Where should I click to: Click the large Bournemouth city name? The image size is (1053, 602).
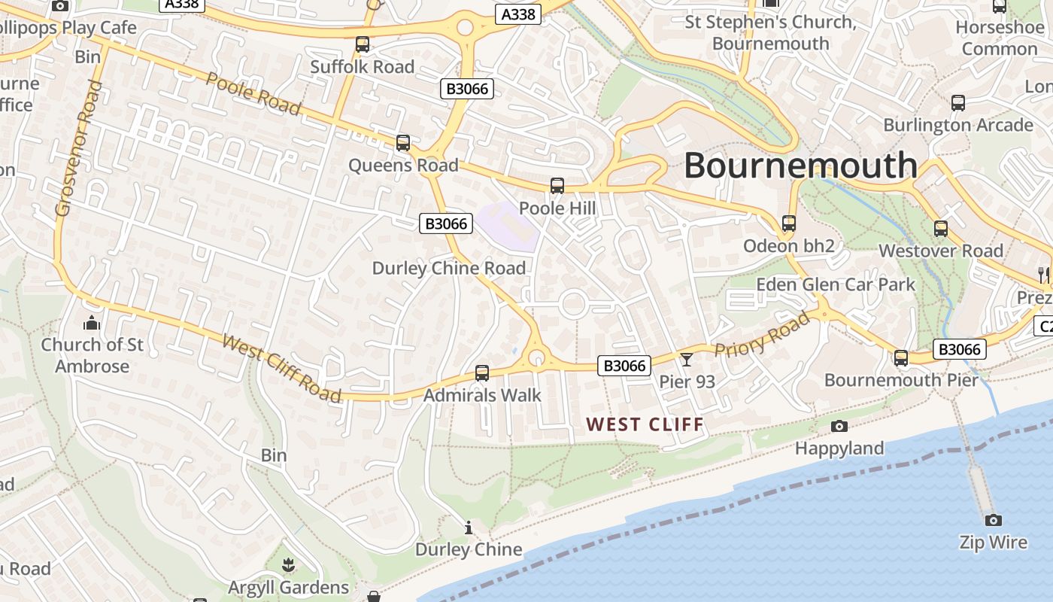pos(800,166)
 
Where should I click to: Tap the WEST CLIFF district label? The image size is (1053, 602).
pos(645,424)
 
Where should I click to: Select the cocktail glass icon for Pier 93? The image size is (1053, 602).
pos(686,359)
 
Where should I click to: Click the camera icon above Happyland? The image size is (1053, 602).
pos(839,427)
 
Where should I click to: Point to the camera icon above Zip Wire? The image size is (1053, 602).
pos(993,520)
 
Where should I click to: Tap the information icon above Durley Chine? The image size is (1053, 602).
pos(469,528)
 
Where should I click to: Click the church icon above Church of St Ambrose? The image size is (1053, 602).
pos(92,323)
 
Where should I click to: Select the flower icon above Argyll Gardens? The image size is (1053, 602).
pos(287,564)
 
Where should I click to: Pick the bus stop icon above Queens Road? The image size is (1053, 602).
pos(403,142)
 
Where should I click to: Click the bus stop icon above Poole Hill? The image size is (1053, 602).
pos(557,186)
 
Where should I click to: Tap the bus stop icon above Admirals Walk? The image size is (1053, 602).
pos(482,372)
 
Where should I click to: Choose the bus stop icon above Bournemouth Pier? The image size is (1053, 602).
pos(901,358)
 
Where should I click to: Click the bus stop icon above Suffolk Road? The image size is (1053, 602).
pos(363,44)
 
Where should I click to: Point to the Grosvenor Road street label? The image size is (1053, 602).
pos(77,148)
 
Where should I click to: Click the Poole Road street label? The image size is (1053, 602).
pos(253,94)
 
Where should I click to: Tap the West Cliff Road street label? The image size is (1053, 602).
pos(282,368)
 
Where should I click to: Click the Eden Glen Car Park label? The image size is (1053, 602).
pos(836,284)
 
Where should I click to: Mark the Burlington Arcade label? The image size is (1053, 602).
pos(957,125)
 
